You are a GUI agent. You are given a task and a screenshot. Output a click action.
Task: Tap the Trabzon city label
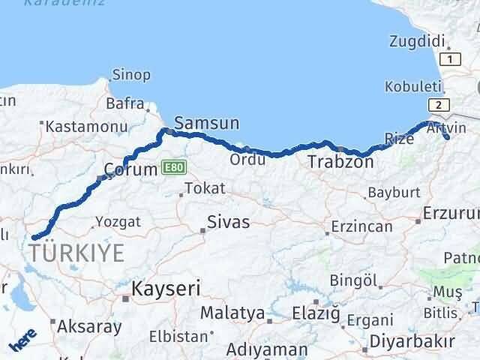(340, 161)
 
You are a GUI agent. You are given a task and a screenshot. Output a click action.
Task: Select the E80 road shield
(172, 166)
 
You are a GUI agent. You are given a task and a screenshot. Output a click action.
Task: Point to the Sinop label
(131, 74)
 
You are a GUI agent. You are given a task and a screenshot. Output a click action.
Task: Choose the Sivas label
(229, 222)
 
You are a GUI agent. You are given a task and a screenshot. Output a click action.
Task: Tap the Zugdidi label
(418, 41)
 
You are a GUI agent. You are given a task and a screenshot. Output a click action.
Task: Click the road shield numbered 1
(450, 58)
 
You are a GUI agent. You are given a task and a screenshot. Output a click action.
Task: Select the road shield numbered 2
(439, 104)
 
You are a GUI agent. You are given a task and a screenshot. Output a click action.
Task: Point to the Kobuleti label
(409, 87)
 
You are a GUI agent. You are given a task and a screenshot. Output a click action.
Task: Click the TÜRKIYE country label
(78, 253)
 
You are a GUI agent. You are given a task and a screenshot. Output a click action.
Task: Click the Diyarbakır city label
(411, 343)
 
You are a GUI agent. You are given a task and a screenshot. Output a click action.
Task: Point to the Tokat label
(203, 188)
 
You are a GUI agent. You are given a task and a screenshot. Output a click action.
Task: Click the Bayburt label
(392, 193)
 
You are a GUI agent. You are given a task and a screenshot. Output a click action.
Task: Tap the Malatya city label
(232, 313)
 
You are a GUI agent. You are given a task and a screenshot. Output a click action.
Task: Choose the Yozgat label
(118, 221)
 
